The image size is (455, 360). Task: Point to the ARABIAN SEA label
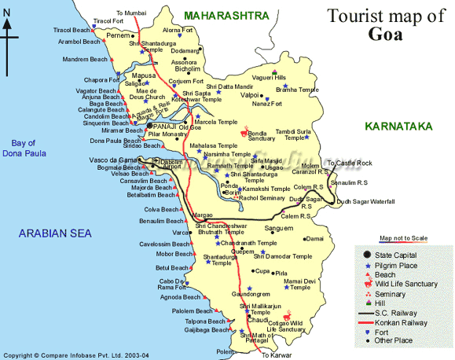[x=55, y=233]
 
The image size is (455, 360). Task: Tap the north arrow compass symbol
[x=7, y=35]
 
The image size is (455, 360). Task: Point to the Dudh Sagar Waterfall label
[x=365, y=202]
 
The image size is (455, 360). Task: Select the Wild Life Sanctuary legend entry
[x=417, y=284]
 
